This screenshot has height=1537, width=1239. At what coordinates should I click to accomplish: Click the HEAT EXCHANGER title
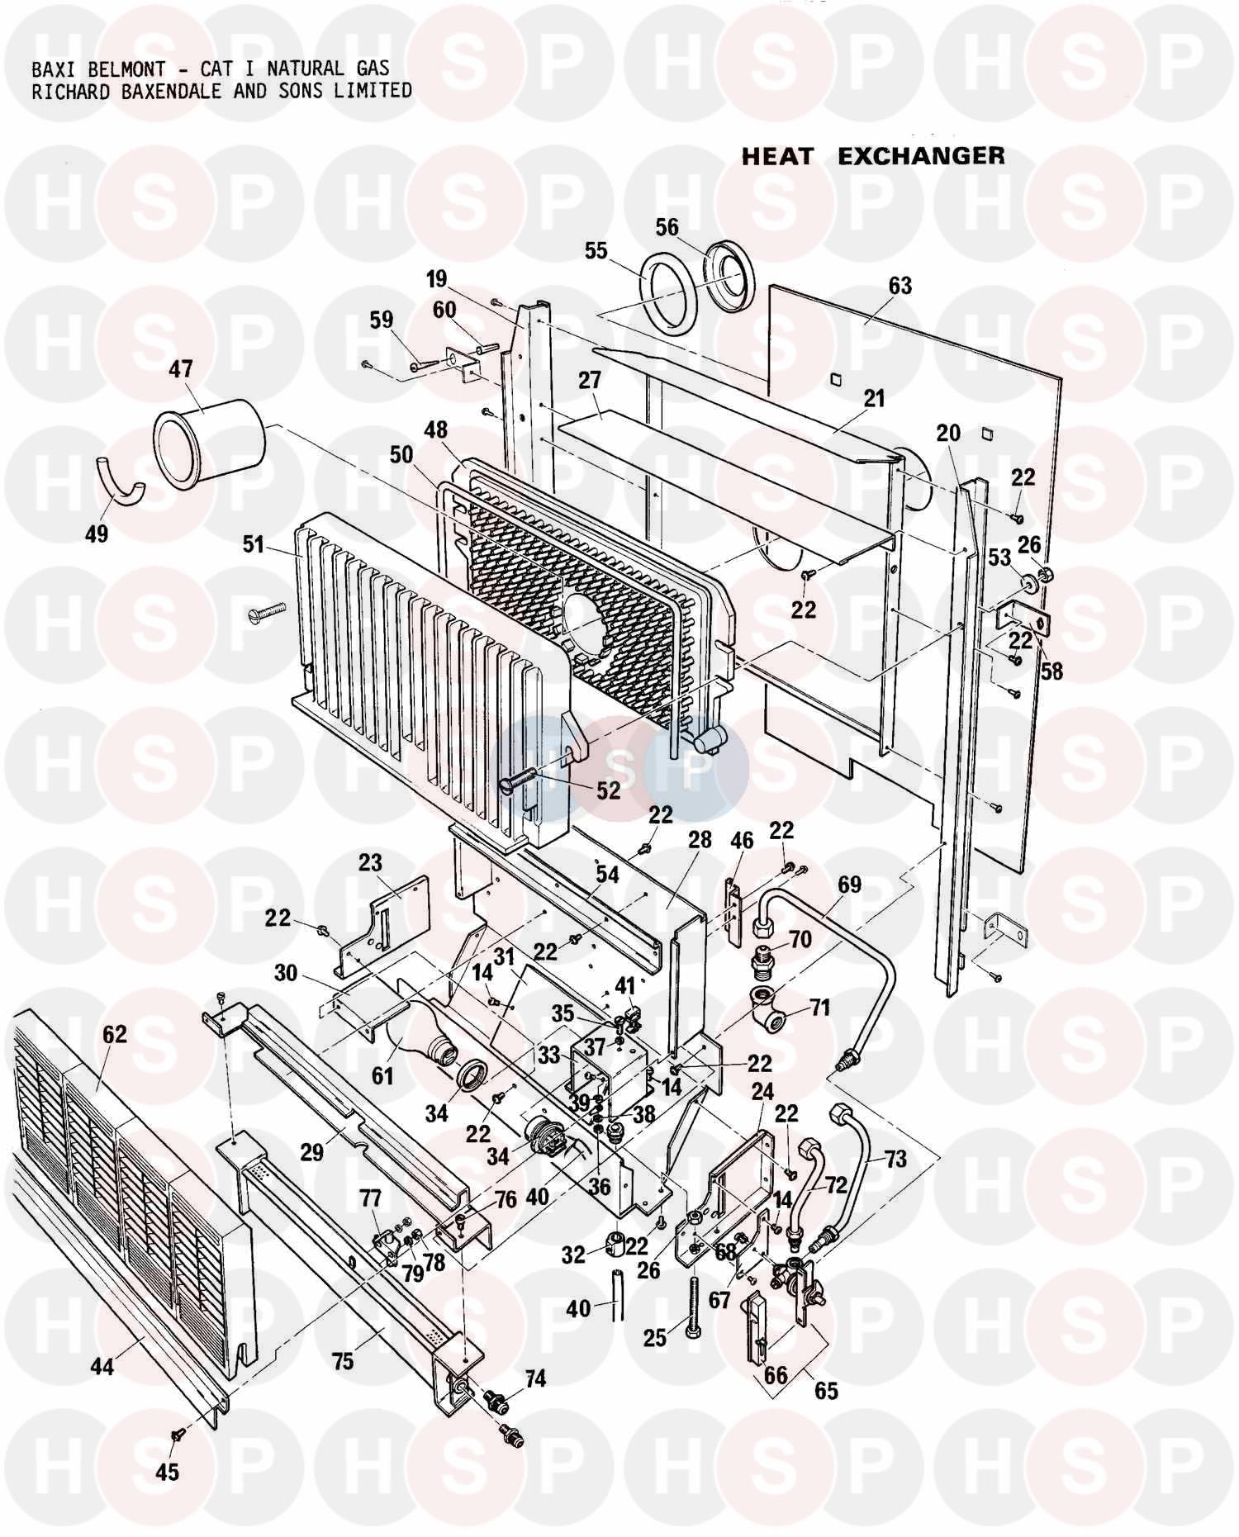[x=872, y=156]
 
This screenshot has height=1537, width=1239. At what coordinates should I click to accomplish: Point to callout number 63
[x=900, y=286]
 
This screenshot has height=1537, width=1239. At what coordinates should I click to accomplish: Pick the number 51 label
[x=253, y=545]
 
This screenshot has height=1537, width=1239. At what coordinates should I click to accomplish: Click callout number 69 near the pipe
[x=849, y=885]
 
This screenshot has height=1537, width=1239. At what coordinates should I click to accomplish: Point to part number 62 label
[x=115, y=1033]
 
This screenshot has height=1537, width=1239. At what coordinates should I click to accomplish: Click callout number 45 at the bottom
[x=168, y=1472]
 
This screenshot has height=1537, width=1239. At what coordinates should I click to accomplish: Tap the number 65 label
[x=825, y=1391]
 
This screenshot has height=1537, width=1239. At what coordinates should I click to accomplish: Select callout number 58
[x=1051, y=671]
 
